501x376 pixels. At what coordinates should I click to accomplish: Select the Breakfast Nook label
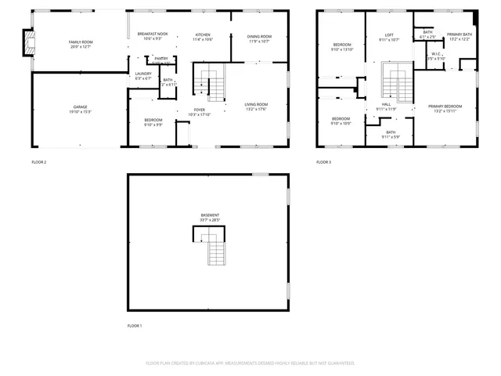pos(153,34)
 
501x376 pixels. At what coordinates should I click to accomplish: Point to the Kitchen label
pos(203,35)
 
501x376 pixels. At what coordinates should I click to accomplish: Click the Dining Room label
pos(259,37)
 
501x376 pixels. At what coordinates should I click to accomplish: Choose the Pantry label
pos(160,59)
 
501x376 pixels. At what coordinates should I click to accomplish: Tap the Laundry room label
pos(142,74)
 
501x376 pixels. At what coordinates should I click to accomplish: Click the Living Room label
pos(256,104)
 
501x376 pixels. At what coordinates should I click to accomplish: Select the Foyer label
pos(200,110)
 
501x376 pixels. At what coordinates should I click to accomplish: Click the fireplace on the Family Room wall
pos(28,45)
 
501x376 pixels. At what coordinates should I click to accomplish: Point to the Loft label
pos(389,35)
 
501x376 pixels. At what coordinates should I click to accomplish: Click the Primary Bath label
pos(460,34)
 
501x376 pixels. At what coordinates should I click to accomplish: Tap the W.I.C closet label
pos(436,54)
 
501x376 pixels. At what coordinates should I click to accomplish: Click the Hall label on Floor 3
pos(387,104)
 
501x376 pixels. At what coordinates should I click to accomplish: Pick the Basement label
pos(209,215)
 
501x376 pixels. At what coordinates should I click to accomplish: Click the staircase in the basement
pos(216,253)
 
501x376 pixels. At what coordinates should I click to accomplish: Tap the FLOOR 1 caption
pos(135,325)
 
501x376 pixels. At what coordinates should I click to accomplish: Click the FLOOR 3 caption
pos(323,162)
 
